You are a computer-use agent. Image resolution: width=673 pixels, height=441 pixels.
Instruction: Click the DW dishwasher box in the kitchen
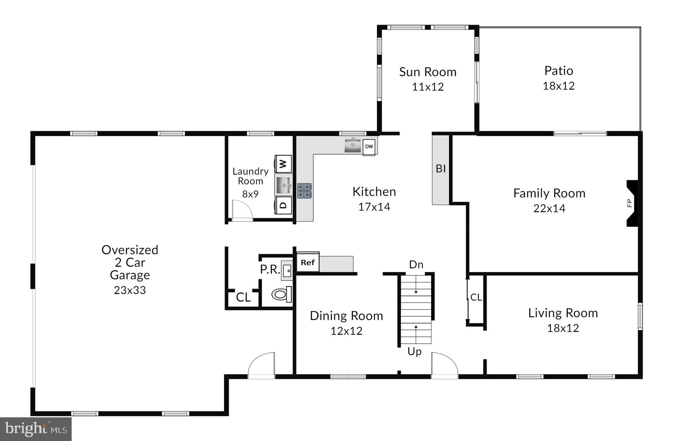(369, 147)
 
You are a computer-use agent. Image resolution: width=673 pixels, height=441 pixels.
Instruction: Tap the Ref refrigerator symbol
(308, 262)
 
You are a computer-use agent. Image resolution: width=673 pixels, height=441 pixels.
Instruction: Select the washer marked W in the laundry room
(283, 163)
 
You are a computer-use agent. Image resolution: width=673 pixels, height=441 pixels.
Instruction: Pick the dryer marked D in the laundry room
(283, 206)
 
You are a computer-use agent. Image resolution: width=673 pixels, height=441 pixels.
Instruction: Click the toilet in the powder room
(282, 294)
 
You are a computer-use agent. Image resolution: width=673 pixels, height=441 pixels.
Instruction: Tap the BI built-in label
(441, 169)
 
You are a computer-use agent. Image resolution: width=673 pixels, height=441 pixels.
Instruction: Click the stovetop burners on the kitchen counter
(304, 191)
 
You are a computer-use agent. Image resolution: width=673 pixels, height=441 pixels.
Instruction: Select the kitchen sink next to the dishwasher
(353, 145)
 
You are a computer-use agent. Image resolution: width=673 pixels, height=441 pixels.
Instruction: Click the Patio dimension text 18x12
(559, 86)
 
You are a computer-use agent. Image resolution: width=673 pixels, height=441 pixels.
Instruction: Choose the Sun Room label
(428, 72)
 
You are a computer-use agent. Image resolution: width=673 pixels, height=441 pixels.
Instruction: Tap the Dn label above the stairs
(416, 264)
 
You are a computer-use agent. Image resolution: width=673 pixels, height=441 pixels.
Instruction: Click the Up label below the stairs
(414, 352)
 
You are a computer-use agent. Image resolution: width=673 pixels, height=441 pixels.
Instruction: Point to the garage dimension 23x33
(130, 290)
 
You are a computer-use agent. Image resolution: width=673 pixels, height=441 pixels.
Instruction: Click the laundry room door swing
(242, 210)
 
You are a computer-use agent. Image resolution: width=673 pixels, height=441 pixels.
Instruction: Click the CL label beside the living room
(476, 297)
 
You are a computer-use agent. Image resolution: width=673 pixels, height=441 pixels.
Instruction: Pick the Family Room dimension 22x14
(549, 208)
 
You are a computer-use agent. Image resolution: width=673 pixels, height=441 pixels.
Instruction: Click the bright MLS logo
(35, 429)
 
